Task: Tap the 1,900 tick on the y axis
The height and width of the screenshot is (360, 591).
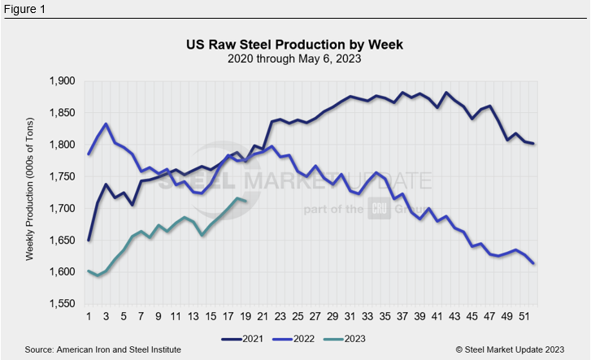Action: pos(62,81)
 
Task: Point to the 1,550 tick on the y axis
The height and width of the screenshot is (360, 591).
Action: pos(62,303)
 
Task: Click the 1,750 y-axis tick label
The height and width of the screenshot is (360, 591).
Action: pos(62,176)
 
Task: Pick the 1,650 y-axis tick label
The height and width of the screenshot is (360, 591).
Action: pos(62,240)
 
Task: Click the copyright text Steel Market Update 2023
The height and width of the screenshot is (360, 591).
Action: pos(510,349)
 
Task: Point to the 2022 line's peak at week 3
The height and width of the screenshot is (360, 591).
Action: pos(106,124)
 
